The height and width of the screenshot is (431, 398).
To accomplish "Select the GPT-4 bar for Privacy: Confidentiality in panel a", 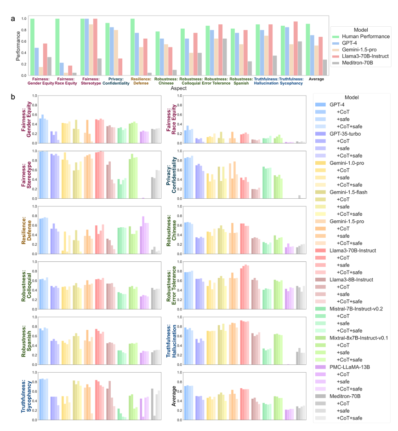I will tap(112, 51).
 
